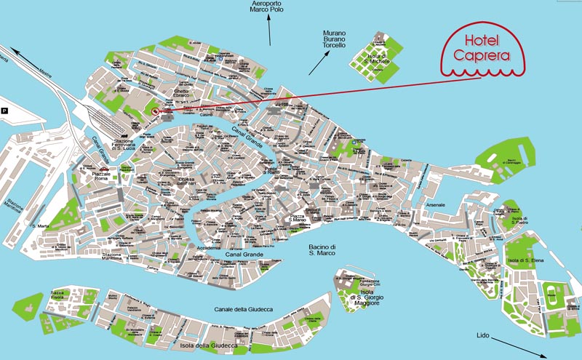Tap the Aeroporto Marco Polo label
tap(267, 7)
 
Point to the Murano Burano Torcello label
tap(335, 43)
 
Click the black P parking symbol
tap(6, 111)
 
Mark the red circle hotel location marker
tap(155, 111)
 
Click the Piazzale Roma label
tap(105, 177)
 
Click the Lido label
tap(484, 336)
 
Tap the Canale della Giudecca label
tap(244, 310)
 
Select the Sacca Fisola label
tap(57, 295)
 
